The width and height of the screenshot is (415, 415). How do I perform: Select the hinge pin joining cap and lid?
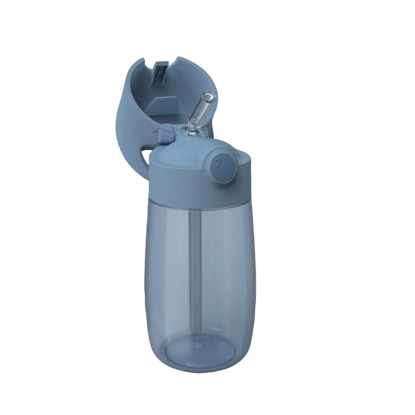pos(162,134)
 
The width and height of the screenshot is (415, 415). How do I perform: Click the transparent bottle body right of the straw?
pos(228,270)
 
